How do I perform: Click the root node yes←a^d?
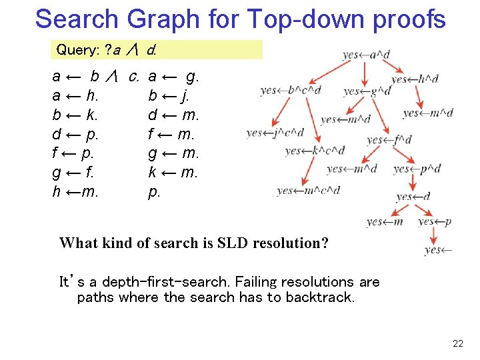[366, 55]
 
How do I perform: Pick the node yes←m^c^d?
[308, 191]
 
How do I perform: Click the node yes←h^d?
[415, 79]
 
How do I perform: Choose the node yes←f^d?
[389, 140]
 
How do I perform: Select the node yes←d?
[413, 197]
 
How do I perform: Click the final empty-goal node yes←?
[438, 250]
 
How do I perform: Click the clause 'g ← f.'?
[73, 173]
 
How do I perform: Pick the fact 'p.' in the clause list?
[154, 192]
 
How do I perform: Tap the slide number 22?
[457, 343]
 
